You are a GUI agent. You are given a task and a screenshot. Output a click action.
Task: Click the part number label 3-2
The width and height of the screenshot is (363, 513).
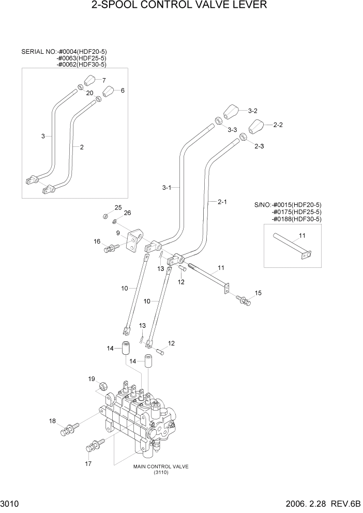(x=252, y=111)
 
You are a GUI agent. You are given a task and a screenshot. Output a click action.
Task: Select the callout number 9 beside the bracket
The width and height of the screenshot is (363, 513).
(x=118, y=233)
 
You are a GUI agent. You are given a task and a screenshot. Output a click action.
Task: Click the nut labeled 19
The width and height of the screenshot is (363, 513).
(x=103, y=385)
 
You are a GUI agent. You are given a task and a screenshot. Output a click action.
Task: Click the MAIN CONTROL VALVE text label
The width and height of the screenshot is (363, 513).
(x=160, y=466)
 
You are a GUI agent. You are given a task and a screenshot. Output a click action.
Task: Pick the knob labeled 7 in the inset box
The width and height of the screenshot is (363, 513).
(x=91, y=81)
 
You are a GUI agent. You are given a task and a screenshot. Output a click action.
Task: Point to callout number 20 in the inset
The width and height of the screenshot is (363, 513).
(x=89, y=93)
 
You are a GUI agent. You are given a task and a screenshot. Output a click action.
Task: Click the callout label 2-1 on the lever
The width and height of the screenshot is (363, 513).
(x=222, y=202)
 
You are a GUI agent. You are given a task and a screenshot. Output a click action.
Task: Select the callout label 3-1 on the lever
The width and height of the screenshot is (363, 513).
(x=167, y=187)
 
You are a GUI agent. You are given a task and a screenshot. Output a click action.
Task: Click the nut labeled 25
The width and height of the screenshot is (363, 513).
(x=105, y=215)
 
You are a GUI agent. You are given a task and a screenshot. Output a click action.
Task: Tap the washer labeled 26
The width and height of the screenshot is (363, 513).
(x=114, y=222)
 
